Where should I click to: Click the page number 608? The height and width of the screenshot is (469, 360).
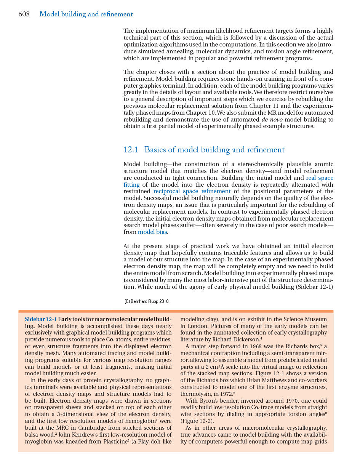[x=24, y=14]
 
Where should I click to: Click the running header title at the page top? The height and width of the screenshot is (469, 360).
[x=86, y=14]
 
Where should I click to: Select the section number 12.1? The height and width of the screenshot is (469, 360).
[x=131, y=150]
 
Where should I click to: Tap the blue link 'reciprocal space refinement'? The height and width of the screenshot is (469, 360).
[x=192, y=191]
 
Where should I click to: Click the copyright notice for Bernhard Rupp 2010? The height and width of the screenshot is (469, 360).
[x=147, y=301]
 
